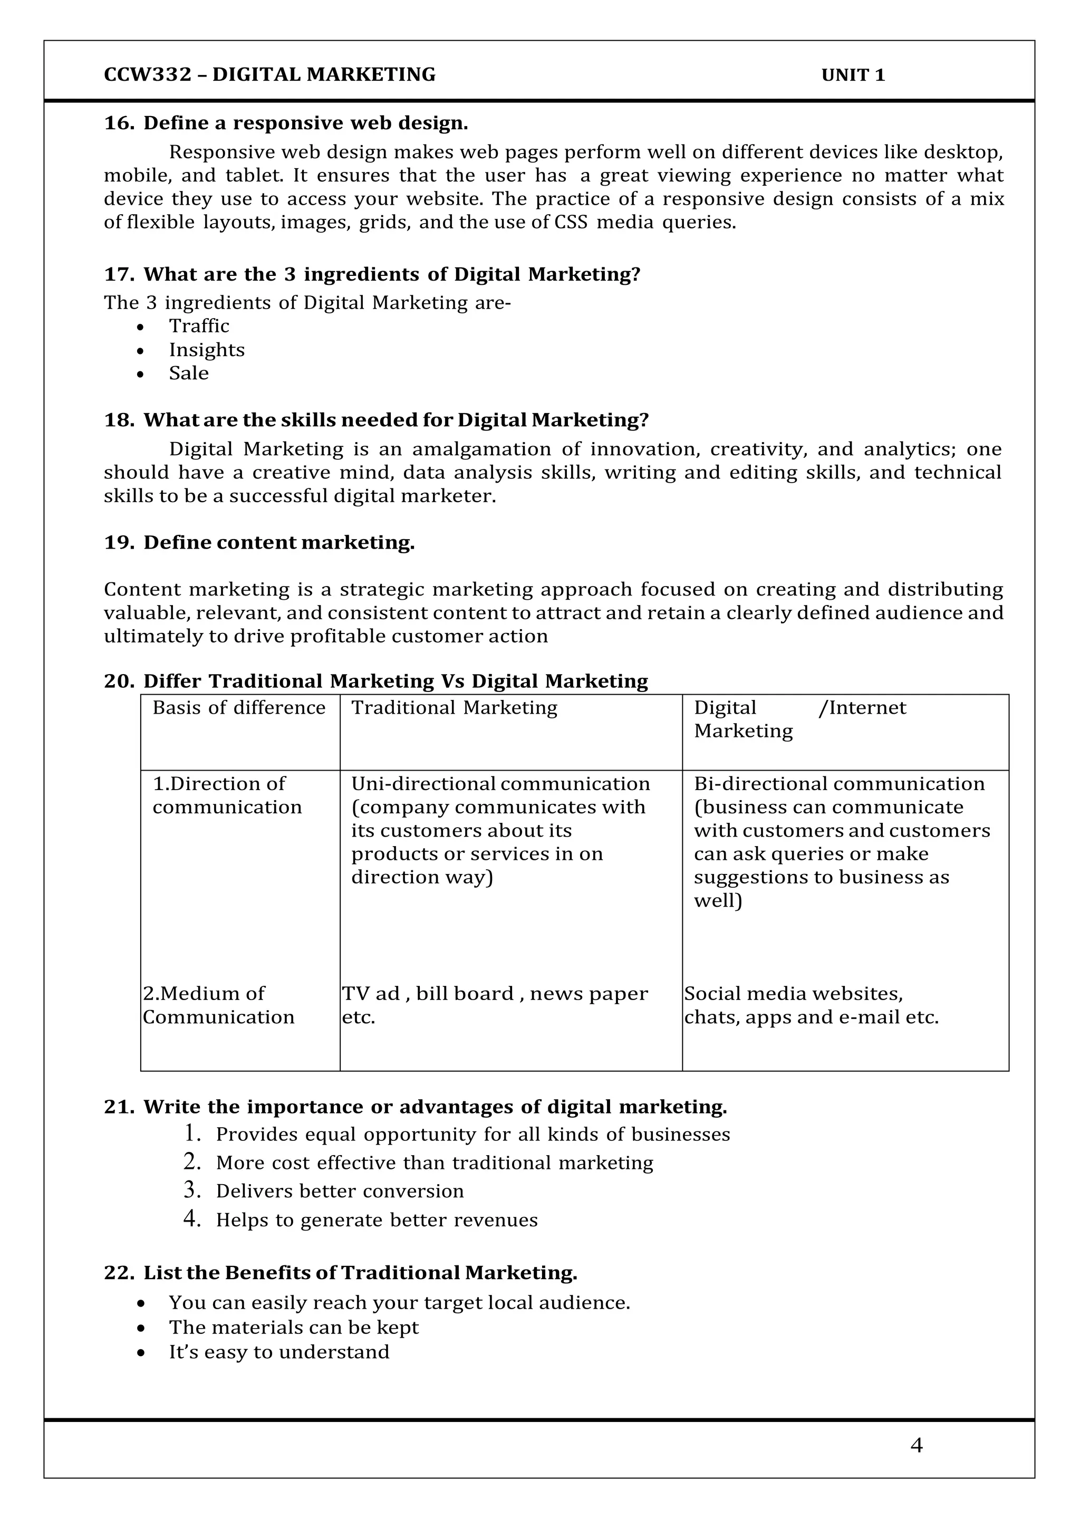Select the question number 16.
click(x=118, y=123)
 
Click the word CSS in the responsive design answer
click(x=571, y=222)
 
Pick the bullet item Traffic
click(x=199, y=326)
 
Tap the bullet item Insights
click(x=206, y=350)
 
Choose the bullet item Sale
click(x=188, y=373)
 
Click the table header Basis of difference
click(x=239, y=708)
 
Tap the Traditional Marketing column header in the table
click(x=454, y=708)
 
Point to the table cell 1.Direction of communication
click(x=227, y=795)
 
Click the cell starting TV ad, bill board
click(x=494, y=1005)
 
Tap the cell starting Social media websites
click(x=811, y=1005)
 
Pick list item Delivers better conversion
click(x=339, y=1191)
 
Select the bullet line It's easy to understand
click(x=278, y=1352)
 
